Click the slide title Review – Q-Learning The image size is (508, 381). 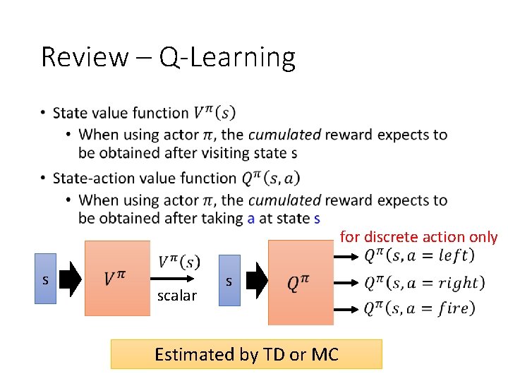[168, 56]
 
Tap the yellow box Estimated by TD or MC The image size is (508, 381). [246, 354]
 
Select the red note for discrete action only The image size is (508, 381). [418, 237]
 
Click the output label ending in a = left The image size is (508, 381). [419, 255]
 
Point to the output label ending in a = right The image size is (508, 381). [424, 282]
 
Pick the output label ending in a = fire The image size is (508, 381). [419, 308]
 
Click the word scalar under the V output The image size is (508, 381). [177, 296]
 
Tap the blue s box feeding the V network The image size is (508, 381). [45, 279]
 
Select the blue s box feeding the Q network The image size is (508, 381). [229, 281]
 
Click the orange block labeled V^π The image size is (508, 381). [117, 278]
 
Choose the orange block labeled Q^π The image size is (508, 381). [301, 282]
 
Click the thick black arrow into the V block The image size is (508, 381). [71, 279]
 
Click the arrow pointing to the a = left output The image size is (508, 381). [346, 255]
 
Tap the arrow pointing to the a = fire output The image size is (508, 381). [346, 308]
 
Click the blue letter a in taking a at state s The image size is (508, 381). [251, 218]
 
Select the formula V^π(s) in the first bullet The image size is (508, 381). [214, 113]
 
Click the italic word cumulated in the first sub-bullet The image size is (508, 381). [284, 134]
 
